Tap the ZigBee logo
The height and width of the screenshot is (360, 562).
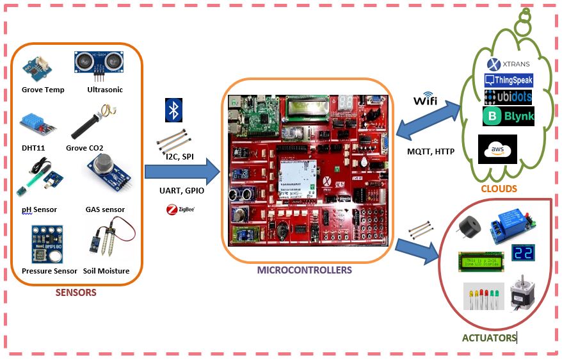tap(180, 209)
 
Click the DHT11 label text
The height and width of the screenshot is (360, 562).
tap(33, 148)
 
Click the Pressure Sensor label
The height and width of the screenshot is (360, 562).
tap(49, 271)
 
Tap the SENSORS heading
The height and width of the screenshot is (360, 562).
tap(76, 293)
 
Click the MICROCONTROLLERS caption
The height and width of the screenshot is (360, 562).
tap(305, 270)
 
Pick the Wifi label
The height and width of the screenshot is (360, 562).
tap(426, 101)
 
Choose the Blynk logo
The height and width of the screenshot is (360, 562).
tap(508, 116)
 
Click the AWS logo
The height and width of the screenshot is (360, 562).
tap(497, 149)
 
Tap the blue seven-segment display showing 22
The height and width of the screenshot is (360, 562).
tap(522, 253)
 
